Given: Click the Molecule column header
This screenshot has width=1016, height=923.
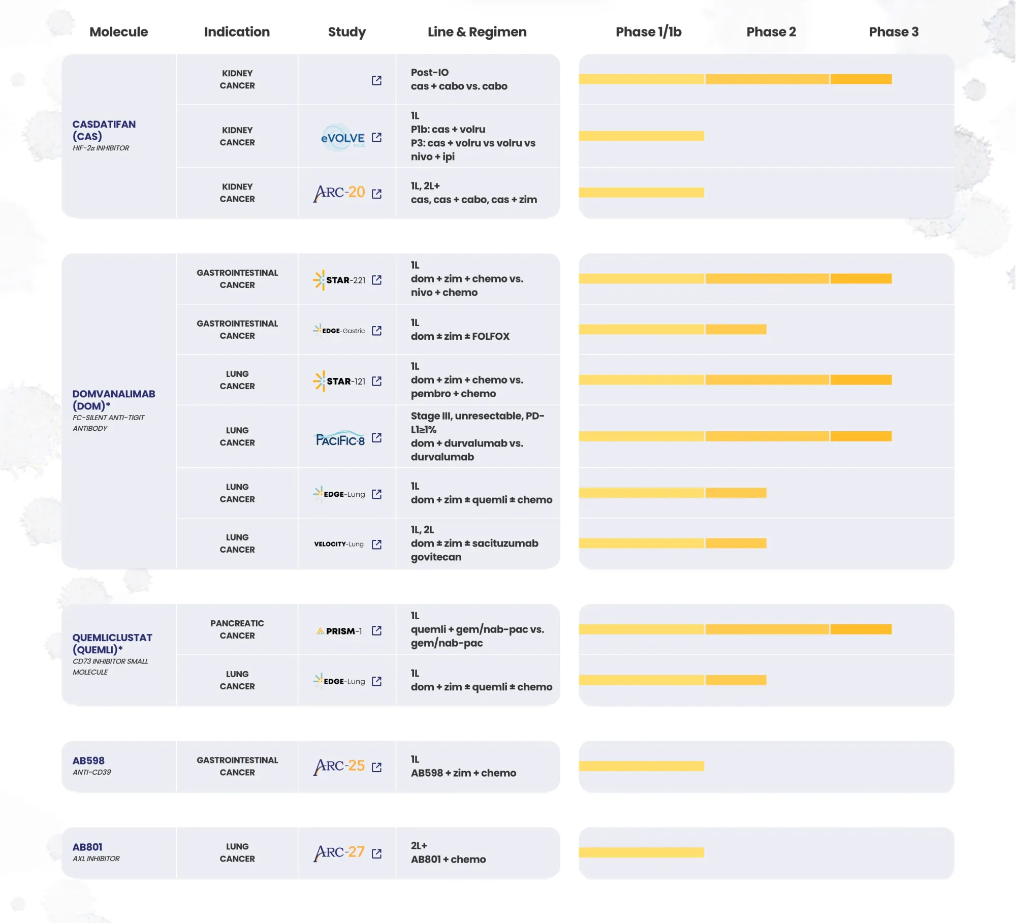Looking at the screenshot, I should click(x=118, y=32).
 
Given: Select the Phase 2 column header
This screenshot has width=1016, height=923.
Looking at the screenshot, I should click(x=771, y=32).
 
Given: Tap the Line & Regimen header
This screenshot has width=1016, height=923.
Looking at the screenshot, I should click(x=477, y=32).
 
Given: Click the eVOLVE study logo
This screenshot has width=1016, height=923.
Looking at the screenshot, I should click(x=343, y=138).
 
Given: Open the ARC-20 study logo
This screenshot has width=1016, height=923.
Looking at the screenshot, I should click(x=339, y=193).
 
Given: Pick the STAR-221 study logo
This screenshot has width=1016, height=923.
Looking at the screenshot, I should click(x=339, y=280).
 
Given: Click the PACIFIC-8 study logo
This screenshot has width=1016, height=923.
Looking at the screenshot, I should click(x=340, y=438).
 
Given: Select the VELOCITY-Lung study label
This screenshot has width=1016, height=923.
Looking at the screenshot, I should click(x=339, y=544).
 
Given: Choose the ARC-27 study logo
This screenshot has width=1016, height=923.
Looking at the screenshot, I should click(x=339, y=853).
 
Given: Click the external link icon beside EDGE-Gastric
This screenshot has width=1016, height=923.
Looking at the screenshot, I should click(x=376, y=331).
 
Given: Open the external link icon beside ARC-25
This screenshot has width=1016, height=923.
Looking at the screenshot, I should click(x=376, y=767).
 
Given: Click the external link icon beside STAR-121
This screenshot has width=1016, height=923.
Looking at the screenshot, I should click(x=376, y=381).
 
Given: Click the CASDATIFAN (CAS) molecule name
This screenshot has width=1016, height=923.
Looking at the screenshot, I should click(x=104, y=130).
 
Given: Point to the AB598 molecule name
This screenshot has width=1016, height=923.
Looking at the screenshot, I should click(x=88, y=760).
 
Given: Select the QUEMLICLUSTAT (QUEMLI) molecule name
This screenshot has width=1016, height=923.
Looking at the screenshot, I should click(x=112, y=643).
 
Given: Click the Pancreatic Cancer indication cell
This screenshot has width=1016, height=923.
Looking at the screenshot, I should click(x=237, y=629).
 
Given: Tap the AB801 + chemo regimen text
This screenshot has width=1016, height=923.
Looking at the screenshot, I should click(x=448, y=860).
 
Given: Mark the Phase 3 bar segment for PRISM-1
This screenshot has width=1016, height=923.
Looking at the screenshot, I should click(x=861, y=629).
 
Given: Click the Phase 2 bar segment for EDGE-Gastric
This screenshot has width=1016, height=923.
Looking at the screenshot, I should click(x=736, y=330).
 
